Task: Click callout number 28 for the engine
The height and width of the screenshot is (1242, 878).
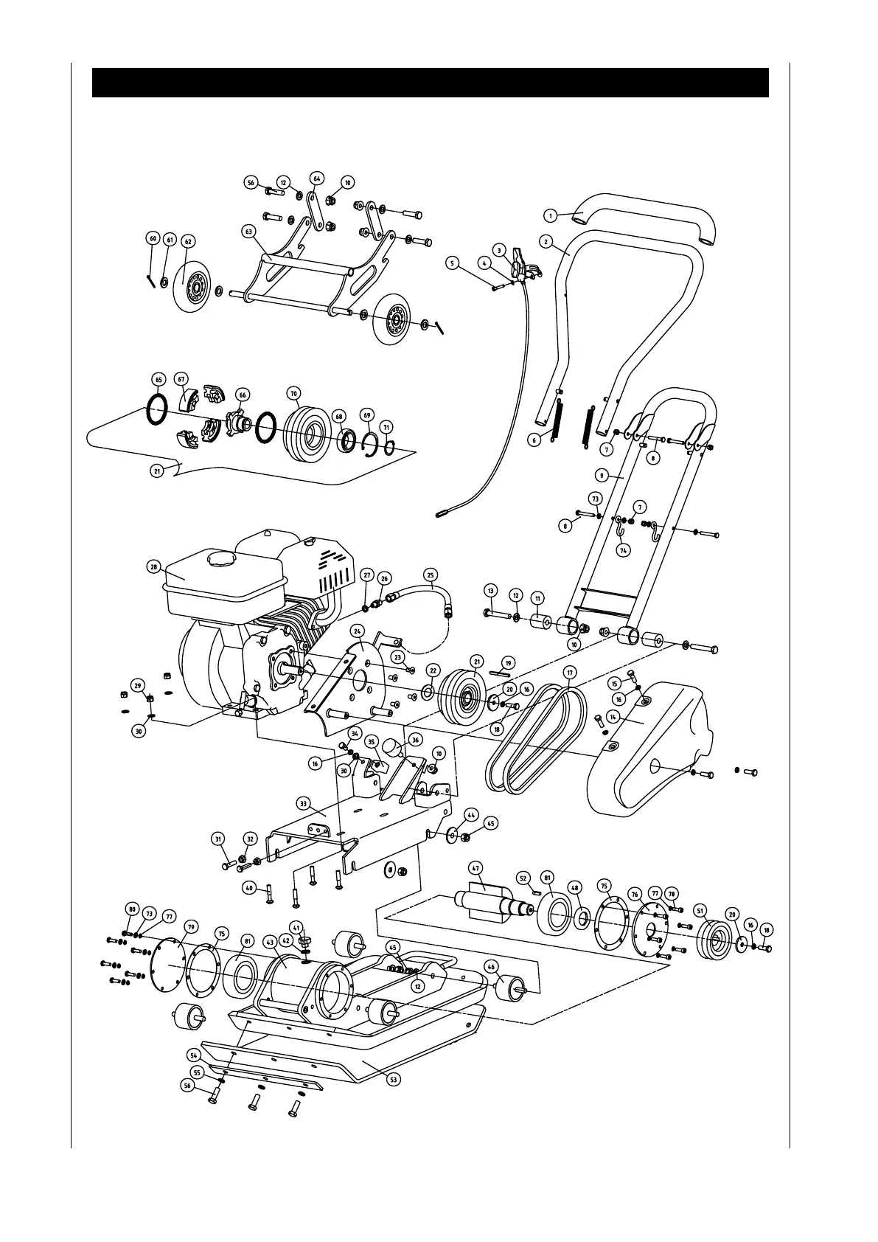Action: pos(153,566)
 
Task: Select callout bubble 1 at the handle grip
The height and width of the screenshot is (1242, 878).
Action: pos(550,215)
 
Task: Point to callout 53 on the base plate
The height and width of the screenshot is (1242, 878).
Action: pos(394,1079)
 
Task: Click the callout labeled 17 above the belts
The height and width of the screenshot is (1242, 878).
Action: pos(569,673)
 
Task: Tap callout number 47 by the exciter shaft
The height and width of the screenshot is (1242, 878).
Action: pos(476,868)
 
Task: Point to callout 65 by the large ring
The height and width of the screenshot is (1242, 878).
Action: pos(158,379)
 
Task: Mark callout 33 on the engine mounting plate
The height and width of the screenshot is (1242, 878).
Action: pos(302,802)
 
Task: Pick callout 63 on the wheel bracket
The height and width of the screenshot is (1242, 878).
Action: pos(248,231)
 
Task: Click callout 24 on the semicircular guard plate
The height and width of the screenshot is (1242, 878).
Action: pos(358,631)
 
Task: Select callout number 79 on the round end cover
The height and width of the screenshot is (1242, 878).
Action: pos(191,926)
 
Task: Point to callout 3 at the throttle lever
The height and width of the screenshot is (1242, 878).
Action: pos(499,251)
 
